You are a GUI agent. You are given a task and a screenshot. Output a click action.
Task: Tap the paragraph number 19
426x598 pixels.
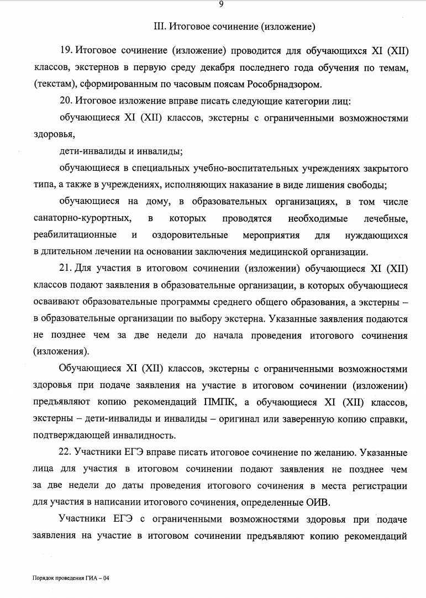point(66,51)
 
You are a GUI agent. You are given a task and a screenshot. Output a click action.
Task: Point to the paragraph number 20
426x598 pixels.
point(66,101)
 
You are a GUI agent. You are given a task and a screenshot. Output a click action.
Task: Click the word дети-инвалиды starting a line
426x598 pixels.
point(86,151)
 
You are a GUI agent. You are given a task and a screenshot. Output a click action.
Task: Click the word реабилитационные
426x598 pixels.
point(75,235)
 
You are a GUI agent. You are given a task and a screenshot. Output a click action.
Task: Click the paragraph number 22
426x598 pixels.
point(66,452)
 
